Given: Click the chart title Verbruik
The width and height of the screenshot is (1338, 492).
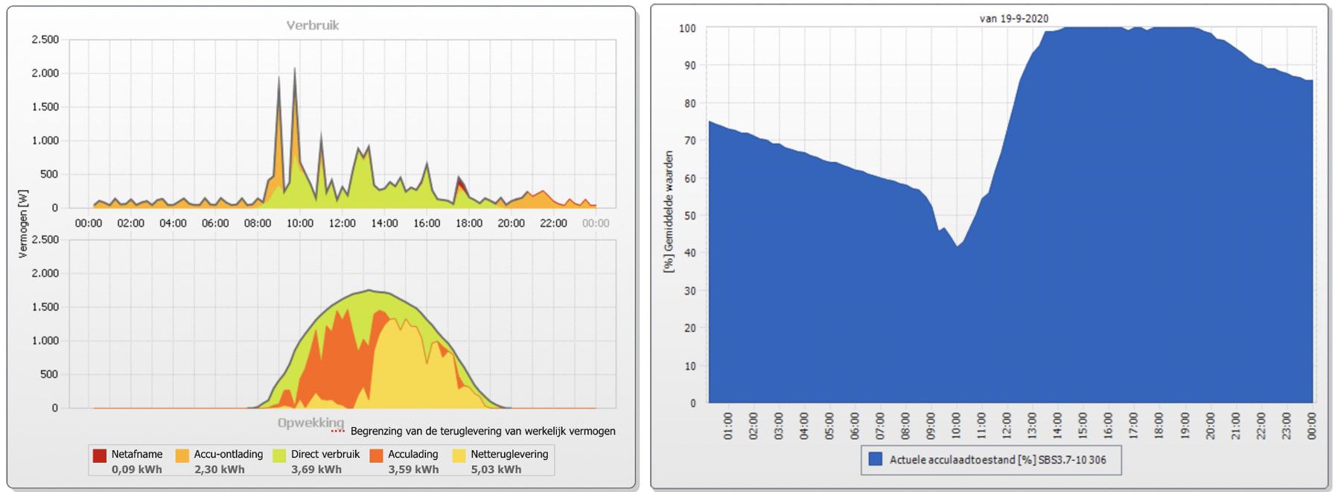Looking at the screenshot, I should point(313,25).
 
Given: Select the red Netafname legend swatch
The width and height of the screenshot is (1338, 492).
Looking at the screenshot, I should point(100,455).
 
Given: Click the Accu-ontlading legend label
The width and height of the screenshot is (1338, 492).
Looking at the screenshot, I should point(228,454).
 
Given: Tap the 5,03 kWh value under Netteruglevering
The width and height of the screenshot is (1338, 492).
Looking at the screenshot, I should point(496,470).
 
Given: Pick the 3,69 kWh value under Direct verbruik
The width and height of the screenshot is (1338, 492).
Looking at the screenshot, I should point(316,470).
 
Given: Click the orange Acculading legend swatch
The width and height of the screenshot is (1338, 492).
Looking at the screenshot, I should point(377,455).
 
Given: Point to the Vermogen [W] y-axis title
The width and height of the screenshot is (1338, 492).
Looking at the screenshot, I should point(23,224).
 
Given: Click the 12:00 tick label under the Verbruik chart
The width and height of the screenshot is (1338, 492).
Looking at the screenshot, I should point(343,223).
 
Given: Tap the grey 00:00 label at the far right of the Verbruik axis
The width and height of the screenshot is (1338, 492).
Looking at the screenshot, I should point(595,223).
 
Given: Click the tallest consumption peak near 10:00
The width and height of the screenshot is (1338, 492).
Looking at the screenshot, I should point(294,69).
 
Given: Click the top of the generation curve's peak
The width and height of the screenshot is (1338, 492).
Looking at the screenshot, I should point(369,291).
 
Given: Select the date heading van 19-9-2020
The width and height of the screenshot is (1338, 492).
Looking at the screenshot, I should point(1013,19).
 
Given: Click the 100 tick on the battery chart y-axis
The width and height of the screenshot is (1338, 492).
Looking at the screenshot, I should point(687,28).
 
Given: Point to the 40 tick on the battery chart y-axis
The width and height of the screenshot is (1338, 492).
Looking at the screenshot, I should point(690,253).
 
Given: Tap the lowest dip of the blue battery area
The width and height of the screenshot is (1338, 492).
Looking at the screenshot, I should point(958,247).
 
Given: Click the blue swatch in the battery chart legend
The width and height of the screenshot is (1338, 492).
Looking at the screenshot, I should point(875,459).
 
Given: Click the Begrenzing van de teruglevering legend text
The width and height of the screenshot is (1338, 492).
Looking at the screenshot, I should point(482,431).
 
